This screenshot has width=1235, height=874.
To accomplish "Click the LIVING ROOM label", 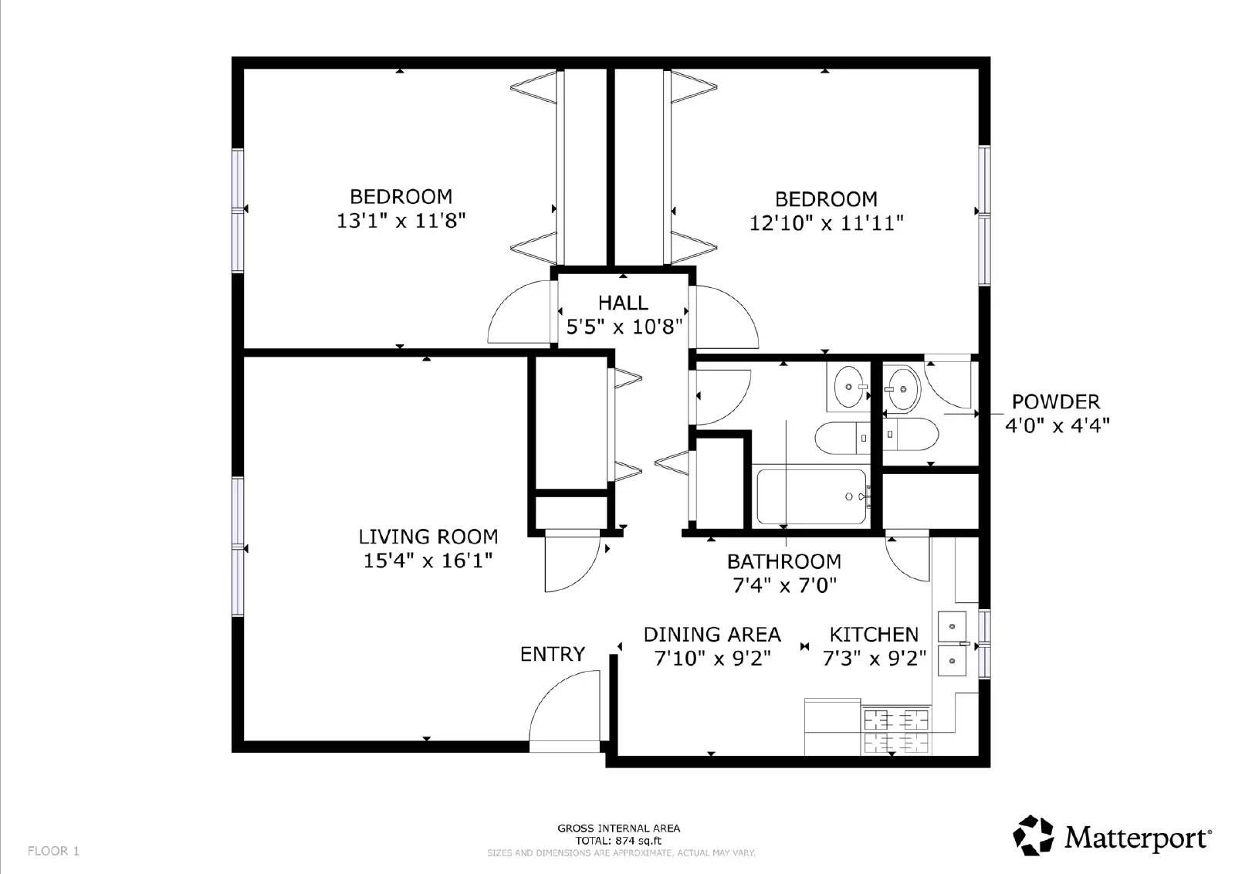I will [x=428, y=537].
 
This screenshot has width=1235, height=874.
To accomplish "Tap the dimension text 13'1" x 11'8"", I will [x=401, y=222].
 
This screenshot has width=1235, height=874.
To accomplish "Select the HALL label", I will [x=623, y=303].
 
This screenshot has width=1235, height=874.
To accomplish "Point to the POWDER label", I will [x=1055, y=401].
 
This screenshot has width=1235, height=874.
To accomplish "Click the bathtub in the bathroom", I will [x=811, y=496].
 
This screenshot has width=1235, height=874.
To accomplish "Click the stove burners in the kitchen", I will [x=895, y=730].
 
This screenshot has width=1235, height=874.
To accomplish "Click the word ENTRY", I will [x=552, y=654].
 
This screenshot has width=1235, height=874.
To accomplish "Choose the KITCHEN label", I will [x=874, y=635].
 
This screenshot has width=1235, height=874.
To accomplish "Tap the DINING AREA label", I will [x=712, y=635].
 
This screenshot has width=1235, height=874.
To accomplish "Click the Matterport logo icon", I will [x=1033, y=835].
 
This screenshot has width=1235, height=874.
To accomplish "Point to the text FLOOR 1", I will [x=53, y=851].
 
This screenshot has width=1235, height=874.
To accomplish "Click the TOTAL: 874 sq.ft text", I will [x=618, y=841].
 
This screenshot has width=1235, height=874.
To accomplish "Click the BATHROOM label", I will [x=783, y=561].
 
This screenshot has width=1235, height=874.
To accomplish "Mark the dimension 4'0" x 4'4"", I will [x=1057, y=425].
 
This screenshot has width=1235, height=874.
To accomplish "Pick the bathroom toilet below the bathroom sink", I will [x=842, y=438].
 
